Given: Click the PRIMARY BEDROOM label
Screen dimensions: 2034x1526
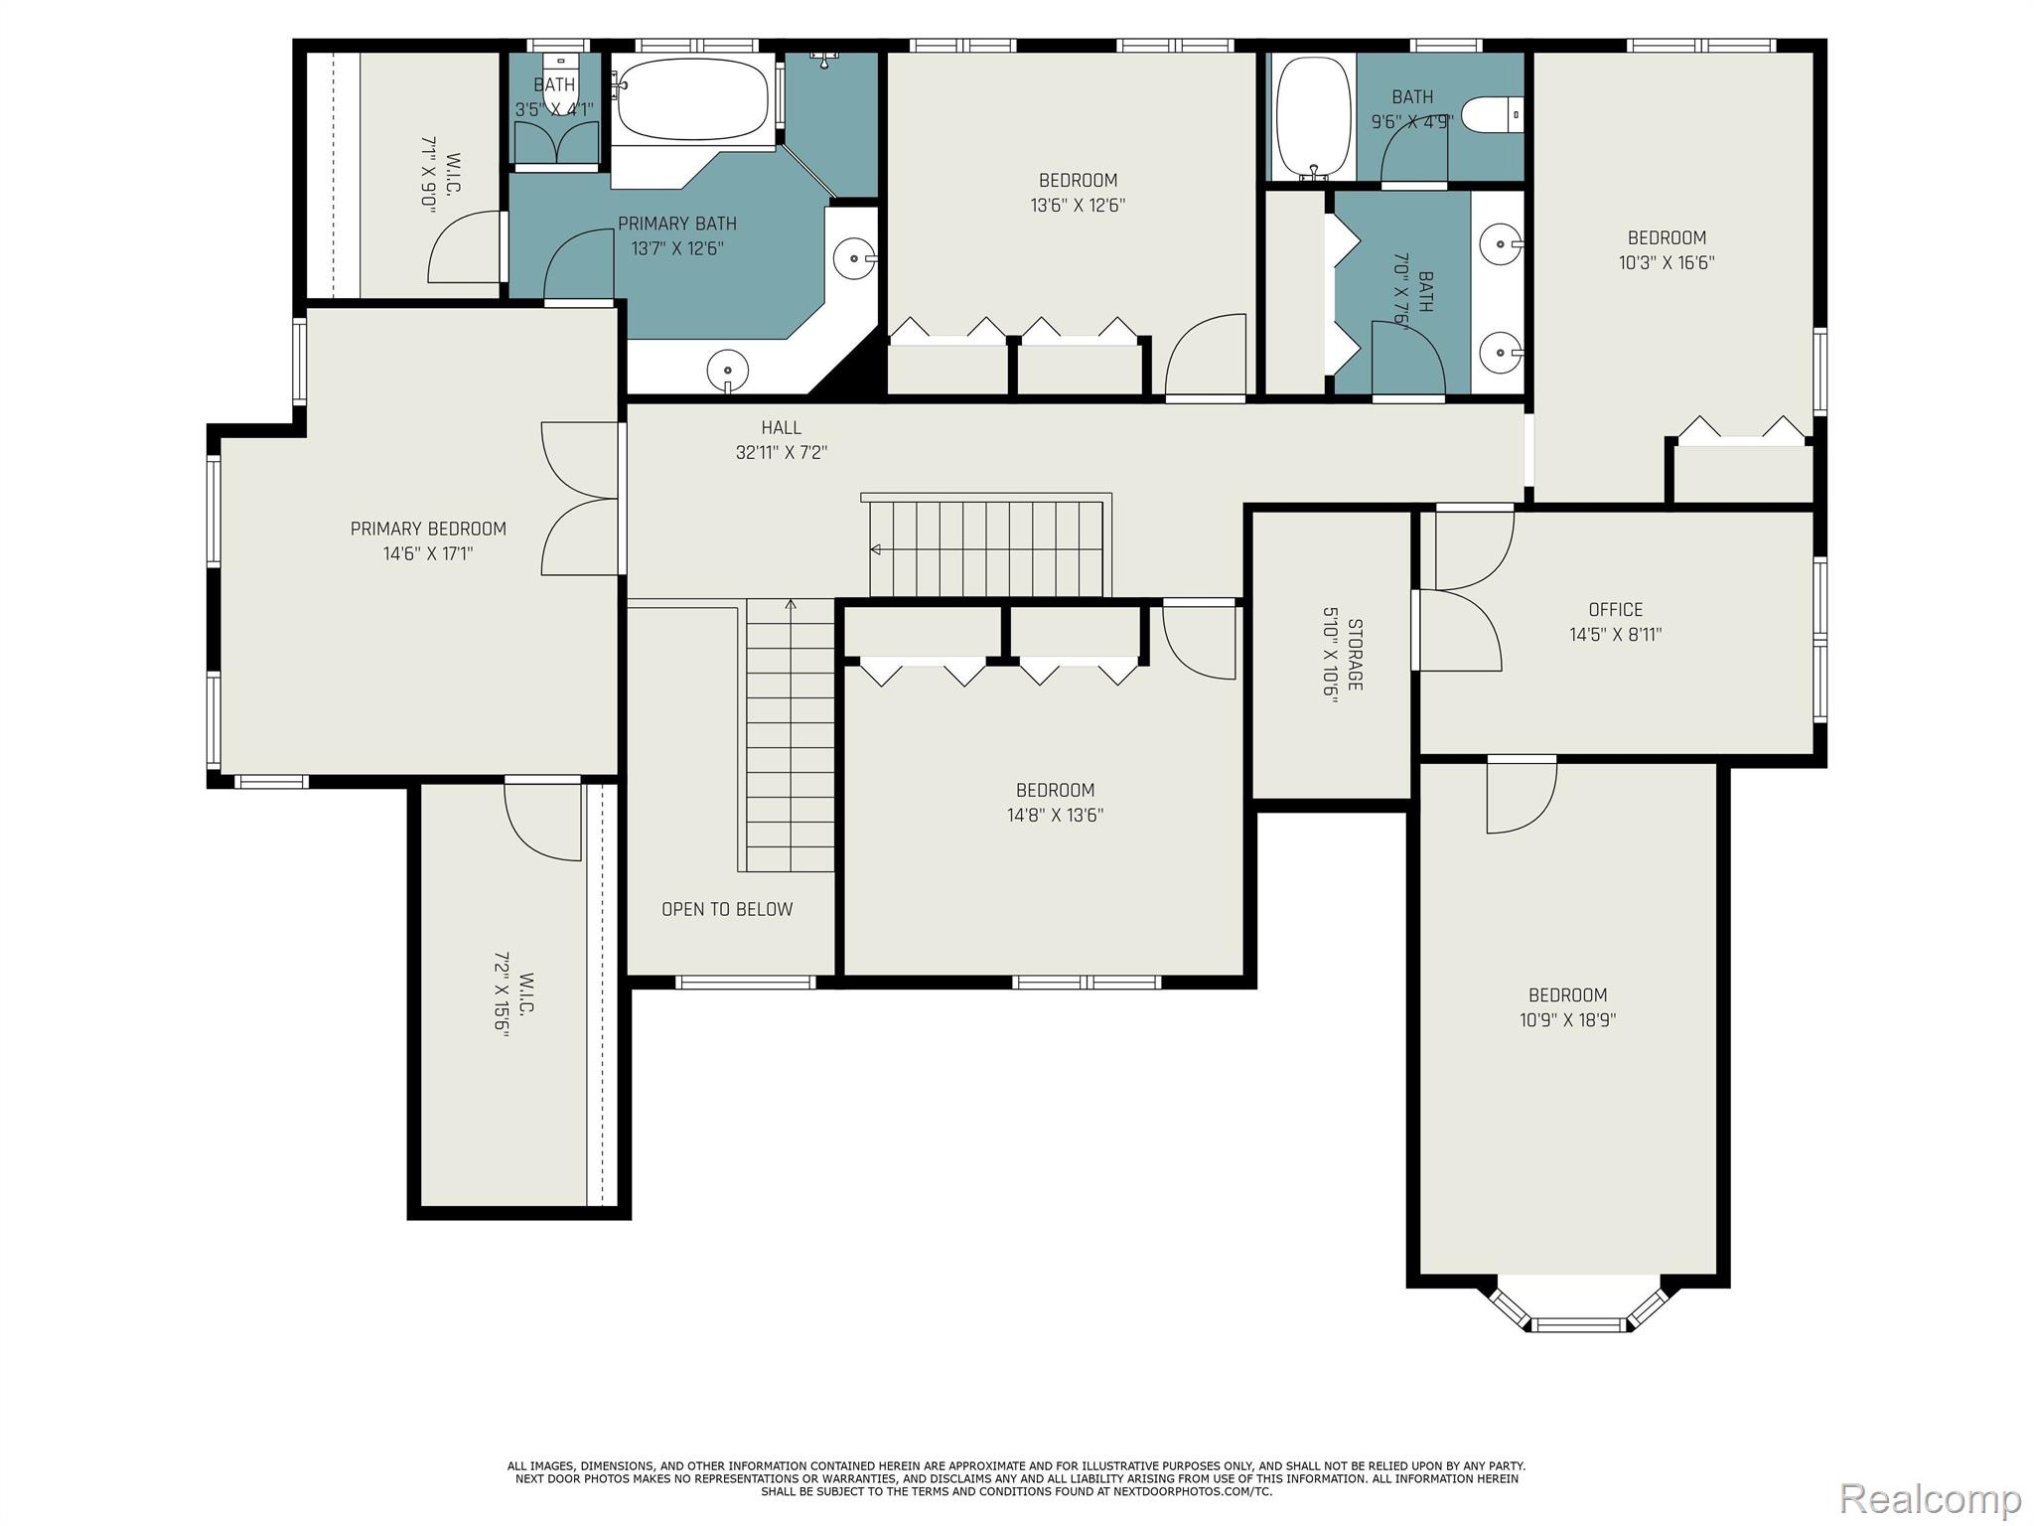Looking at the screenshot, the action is (428, 530).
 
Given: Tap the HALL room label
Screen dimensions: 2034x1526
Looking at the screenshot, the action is (781, 428).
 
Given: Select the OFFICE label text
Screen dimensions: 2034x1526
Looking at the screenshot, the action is (1615, 610).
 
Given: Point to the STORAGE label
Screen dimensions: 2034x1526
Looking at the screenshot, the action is (1356, 655).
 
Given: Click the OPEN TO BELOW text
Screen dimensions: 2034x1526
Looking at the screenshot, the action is (727, 909).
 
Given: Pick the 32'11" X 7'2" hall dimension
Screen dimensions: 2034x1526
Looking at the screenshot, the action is (781, 453).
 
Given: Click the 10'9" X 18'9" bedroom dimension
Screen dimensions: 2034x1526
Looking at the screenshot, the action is (1567, 1020).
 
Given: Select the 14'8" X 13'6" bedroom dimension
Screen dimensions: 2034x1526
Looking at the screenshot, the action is (1055, 816).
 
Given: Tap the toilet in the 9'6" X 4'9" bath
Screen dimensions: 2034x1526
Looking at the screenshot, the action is (1492, 114).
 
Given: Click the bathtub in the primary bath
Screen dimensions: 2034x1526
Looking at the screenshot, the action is (692, 101).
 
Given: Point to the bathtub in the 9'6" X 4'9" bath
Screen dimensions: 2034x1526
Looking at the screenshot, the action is (1313, 118).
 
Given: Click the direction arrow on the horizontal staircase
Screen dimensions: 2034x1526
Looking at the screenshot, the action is (875, 549).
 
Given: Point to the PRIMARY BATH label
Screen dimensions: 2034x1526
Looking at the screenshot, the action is (677, 224).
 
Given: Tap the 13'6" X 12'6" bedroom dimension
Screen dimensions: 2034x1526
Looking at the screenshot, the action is (1078, 206).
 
